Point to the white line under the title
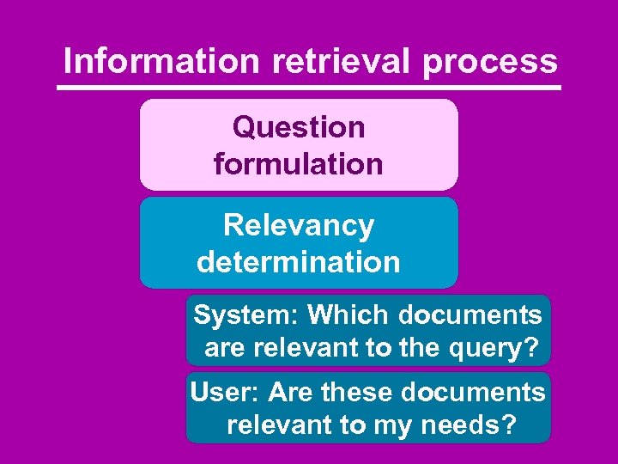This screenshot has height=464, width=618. click(309, 88)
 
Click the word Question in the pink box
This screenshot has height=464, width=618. click(299, 127)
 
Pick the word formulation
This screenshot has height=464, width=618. click(299, 163)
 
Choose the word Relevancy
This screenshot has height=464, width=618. click(299, 225)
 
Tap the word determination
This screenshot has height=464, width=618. click(299, 261)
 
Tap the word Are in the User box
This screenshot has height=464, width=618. click(290, 393)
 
